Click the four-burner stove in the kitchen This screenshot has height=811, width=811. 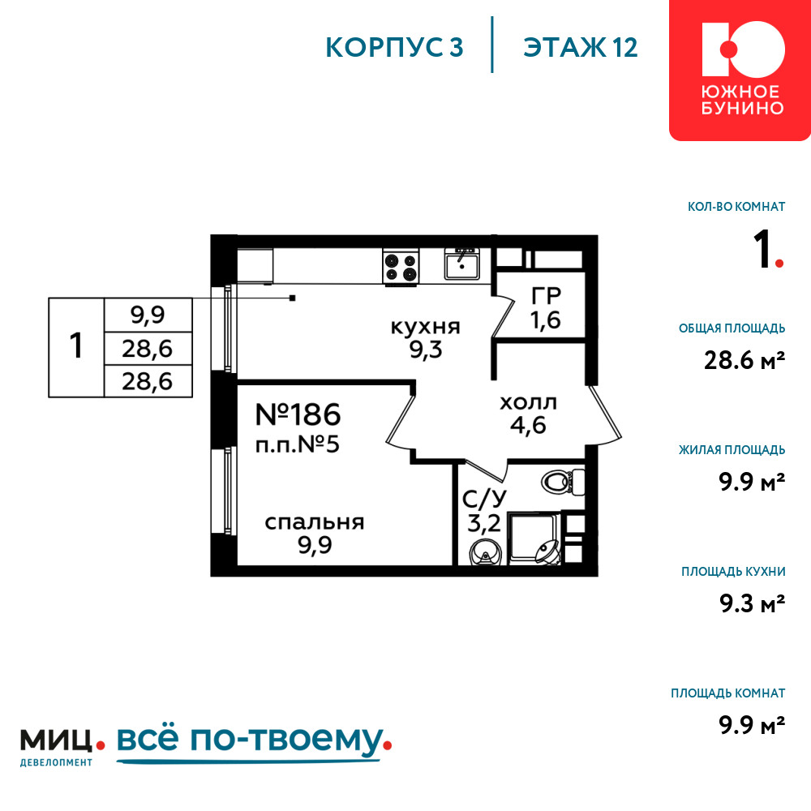401,266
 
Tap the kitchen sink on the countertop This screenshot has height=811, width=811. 462,264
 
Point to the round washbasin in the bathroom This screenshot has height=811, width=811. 485,553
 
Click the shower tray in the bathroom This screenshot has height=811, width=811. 534,538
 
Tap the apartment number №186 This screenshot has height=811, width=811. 298,414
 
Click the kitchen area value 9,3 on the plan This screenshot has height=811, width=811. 426,350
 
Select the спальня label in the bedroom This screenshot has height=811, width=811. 315,523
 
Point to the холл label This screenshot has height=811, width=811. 528,403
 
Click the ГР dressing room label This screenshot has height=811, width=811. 546,296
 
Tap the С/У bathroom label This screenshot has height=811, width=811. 484,499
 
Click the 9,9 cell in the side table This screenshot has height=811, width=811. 148,315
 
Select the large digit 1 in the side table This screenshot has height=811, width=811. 76,345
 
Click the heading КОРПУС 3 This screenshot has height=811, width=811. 394,47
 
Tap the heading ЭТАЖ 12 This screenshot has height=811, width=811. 581,47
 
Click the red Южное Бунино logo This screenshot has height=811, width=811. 740,69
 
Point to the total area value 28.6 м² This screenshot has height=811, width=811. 744,360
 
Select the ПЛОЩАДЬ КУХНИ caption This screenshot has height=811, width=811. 733,572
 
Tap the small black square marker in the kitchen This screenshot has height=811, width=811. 292,298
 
